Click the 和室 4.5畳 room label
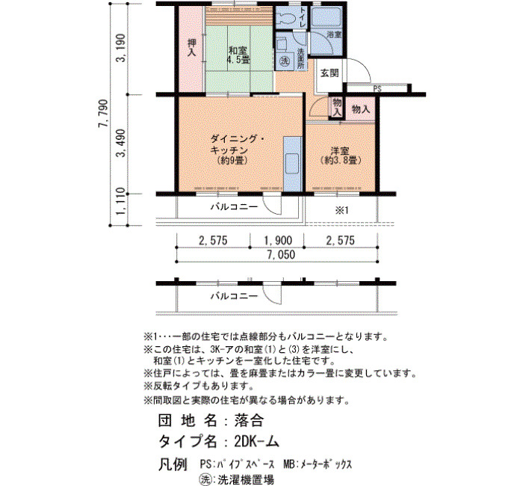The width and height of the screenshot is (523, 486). (x=238, y=56)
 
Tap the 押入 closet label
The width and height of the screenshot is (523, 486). (x=191, y=48)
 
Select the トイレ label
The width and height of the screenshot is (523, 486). (x=303, y=17)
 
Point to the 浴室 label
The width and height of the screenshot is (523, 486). (x=333, y=34)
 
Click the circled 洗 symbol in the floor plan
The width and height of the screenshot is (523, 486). (x=284, y=61)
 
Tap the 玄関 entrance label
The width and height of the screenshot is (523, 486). (x=329, y=73)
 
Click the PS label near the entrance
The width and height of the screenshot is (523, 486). (x=377, y=89)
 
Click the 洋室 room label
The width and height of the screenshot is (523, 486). (x=340, y=150)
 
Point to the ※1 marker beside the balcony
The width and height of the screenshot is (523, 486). (x=341, y=210)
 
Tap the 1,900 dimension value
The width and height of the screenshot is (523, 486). (x=278, y=240)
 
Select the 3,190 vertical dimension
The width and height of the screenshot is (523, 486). (x=121, y=48)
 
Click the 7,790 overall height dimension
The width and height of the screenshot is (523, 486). (x=103, y=114)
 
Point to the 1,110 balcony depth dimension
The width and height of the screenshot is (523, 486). (x=121, y=202)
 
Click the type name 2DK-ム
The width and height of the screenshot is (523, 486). (x=256, y=442)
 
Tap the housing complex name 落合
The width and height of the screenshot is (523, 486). (x=249, y=420)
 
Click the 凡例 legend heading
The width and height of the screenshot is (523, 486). (x=173, y=464)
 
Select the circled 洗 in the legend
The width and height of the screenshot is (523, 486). (x=205, y=479)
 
